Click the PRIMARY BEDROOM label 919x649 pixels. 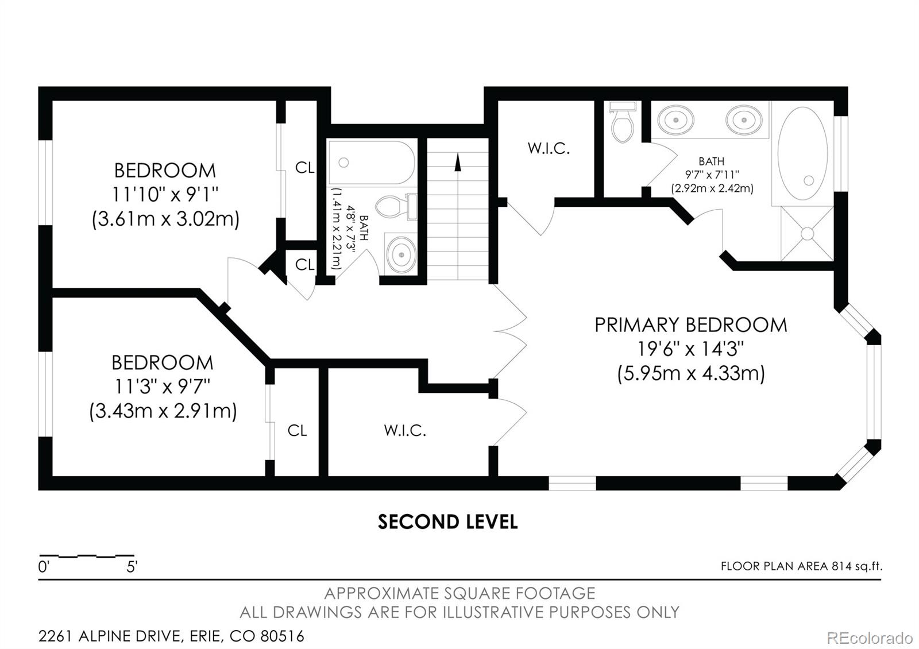tap(690, 325)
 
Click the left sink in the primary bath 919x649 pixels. tap(675, 121)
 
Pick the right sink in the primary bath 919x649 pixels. tap(744, 120)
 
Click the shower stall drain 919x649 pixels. tap(808, 233)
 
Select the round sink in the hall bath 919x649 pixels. tap(401, 253)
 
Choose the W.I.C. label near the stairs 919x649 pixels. tap(549, 149)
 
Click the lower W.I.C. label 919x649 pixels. tap(405, 430)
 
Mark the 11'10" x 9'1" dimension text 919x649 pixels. tap(165, 195)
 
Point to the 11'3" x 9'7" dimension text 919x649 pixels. tap(163, 387)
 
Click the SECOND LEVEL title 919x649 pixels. tap(447, 521)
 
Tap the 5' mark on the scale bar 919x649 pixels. tap(132, 567)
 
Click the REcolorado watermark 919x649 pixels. tap(869, 638)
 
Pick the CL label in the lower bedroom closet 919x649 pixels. tap(297, 430)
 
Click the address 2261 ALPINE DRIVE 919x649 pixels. tap(108, 636)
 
